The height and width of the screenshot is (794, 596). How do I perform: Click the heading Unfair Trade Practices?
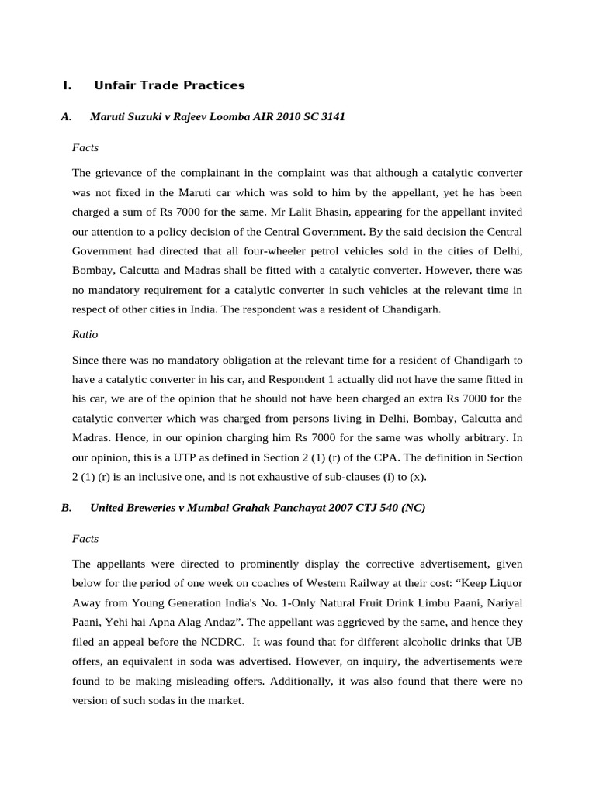169,85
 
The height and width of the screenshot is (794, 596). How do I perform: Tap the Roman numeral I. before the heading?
67,85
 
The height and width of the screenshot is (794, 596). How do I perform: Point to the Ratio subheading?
85,334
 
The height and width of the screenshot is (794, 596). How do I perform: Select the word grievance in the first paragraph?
118,172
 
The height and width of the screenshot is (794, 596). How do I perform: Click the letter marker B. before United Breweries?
66,508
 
